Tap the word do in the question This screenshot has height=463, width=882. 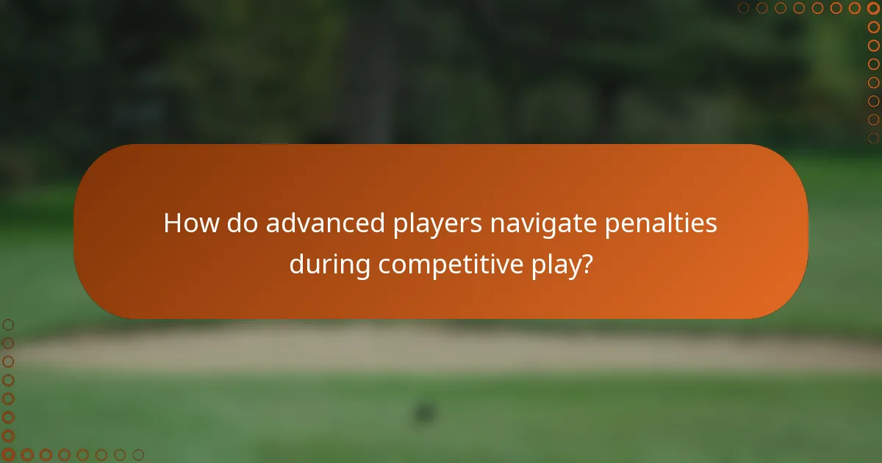[243, 223]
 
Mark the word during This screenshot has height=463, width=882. [330, 264]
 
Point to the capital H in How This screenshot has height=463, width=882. [172, 223]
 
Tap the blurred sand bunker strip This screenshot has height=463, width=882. [441, 350]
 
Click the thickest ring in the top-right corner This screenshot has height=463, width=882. [873, 8]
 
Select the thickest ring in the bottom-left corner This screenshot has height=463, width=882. [8, 455]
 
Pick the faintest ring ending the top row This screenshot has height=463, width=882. [744, 8]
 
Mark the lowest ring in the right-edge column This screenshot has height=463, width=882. [873, 137]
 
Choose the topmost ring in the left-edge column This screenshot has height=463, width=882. [8, 324]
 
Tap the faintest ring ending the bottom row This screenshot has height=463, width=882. [138, 455]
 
